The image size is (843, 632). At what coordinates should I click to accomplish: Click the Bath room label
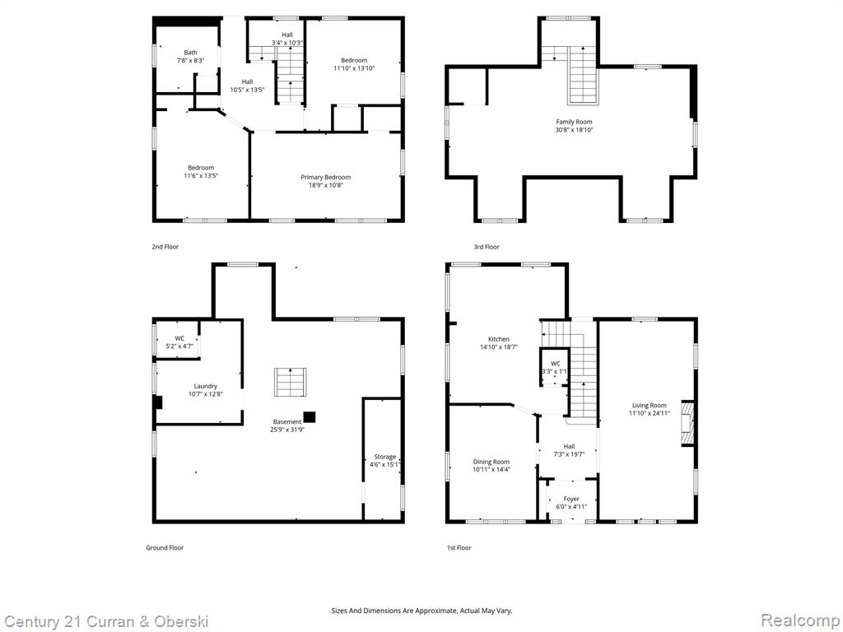[190, 53]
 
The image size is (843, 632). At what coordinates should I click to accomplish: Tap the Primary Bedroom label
[326, 178]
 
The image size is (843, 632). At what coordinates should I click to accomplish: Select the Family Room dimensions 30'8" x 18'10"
[574, 129]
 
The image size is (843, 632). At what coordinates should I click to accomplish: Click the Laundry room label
[205, 386]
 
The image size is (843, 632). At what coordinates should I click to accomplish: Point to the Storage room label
[385, 457]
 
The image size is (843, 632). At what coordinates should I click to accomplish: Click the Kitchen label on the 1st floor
[498, 339]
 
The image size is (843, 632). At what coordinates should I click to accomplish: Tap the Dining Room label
[491, 462]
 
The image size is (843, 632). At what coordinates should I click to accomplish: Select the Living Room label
[650, 405]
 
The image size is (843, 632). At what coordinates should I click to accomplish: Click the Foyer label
[571, 499]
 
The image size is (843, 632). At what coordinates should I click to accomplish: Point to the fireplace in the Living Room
[687, 422]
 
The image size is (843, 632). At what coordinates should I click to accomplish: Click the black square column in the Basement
[310, 417]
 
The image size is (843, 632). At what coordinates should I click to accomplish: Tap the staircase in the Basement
[291, 382]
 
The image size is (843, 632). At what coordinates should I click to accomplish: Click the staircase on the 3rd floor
[583, 75]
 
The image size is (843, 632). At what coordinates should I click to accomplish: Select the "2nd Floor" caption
[165, 247]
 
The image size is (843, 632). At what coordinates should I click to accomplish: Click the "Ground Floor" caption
[165, 547]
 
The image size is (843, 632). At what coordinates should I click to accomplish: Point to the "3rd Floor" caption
[486, 247]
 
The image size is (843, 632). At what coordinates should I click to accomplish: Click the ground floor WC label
[179, 338]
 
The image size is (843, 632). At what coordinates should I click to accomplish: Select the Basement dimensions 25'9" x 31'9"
[287, 430]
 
